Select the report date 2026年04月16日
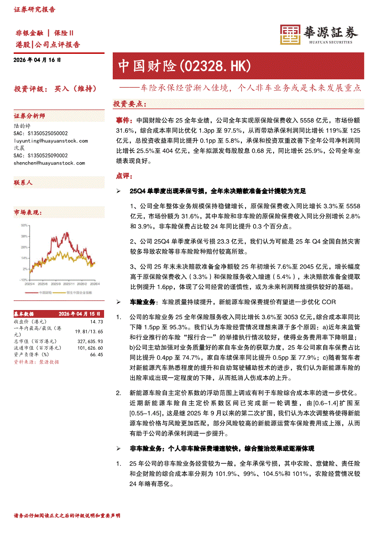tap(37, 60)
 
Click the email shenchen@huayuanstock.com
tap(49, 163)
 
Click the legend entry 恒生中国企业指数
tap(78, 292)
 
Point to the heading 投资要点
tap(130, 104)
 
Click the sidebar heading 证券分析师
tap(29, 116)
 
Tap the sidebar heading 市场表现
tap(28, 212)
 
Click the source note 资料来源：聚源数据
tap(36, 362)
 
